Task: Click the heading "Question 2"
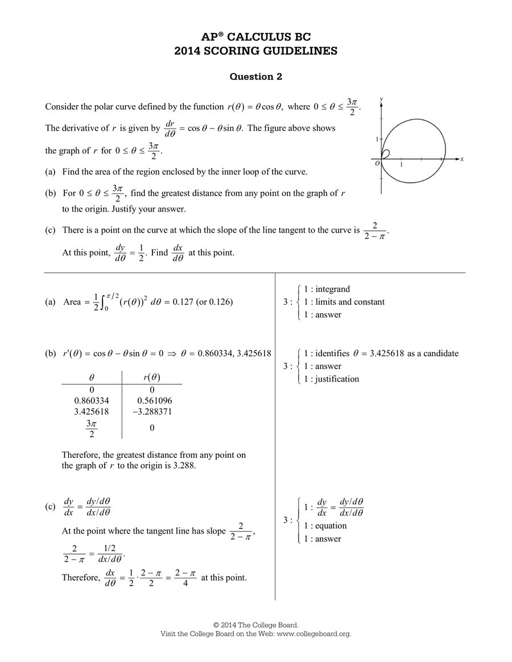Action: pyautogui.click(x=255, y=77)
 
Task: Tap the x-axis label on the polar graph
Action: pyautogui.click(x=462, y=160)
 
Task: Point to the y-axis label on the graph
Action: pyautogui.click(x=381, y=100)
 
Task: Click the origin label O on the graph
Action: pyautogui.click(x=377, y=164)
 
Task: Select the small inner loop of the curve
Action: pyautogui.click(x=385, y=154)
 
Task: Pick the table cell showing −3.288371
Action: pyautogui.click(x=151, y=411)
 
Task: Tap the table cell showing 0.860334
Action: pyautogui.click(x=92, y=400)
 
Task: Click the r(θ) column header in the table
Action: pyautogui.click(x=151, y=377)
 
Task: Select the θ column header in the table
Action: pyautogui.click(x=92, y=377)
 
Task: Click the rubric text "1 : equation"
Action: pyautogui.click(x=325, y=526)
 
